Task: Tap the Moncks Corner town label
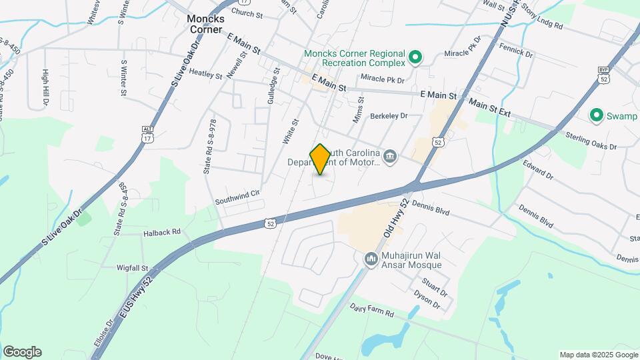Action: tap(205, 24)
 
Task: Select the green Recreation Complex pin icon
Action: tap(415, 58)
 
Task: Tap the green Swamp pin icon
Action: tap(597, 116)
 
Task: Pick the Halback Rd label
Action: tap(162, 233)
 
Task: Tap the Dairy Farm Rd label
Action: tap(372, 310)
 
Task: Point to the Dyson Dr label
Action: tap(427, 299)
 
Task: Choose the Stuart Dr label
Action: tap(434, 286)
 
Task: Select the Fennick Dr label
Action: tap(516, 51)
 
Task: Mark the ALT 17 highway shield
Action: tap(147, 135)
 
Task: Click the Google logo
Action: tap(22, 352)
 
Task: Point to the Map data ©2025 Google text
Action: tap(598, 355)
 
